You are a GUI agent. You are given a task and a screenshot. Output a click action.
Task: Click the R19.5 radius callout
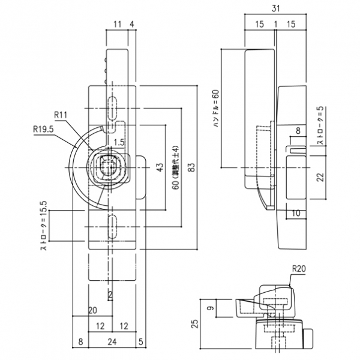tap(43, 127)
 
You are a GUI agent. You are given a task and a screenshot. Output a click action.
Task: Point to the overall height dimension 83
tap(191, 167)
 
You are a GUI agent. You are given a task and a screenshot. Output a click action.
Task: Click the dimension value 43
tap(159, 167)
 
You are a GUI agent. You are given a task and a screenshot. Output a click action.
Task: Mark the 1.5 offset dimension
tap(119, 142)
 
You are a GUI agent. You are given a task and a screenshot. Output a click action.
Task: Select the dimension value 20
tap(92, 310)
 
